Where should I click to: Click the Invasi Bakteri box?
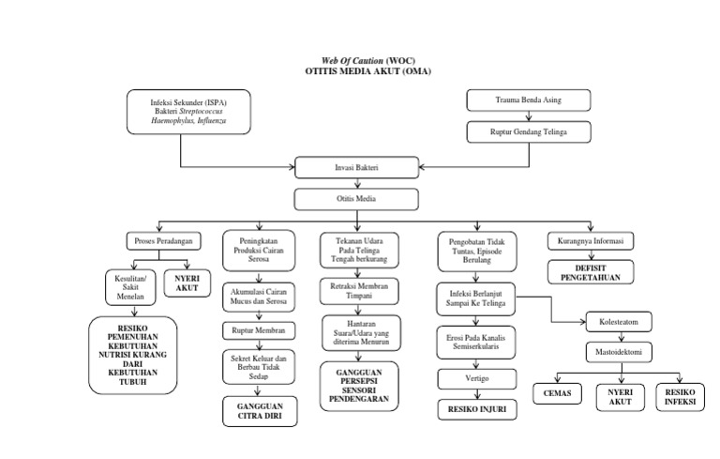click(354, 169)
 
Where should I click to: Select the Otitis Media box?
click(354, 199)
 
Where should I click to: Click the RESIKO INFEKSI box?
click(682, 396)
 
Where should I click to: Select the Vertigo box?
click(476, 378)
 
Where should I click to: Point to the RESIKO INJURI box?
click(476, 410)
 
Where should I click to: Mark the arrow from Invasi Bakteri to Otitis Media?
click(354, 184)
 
